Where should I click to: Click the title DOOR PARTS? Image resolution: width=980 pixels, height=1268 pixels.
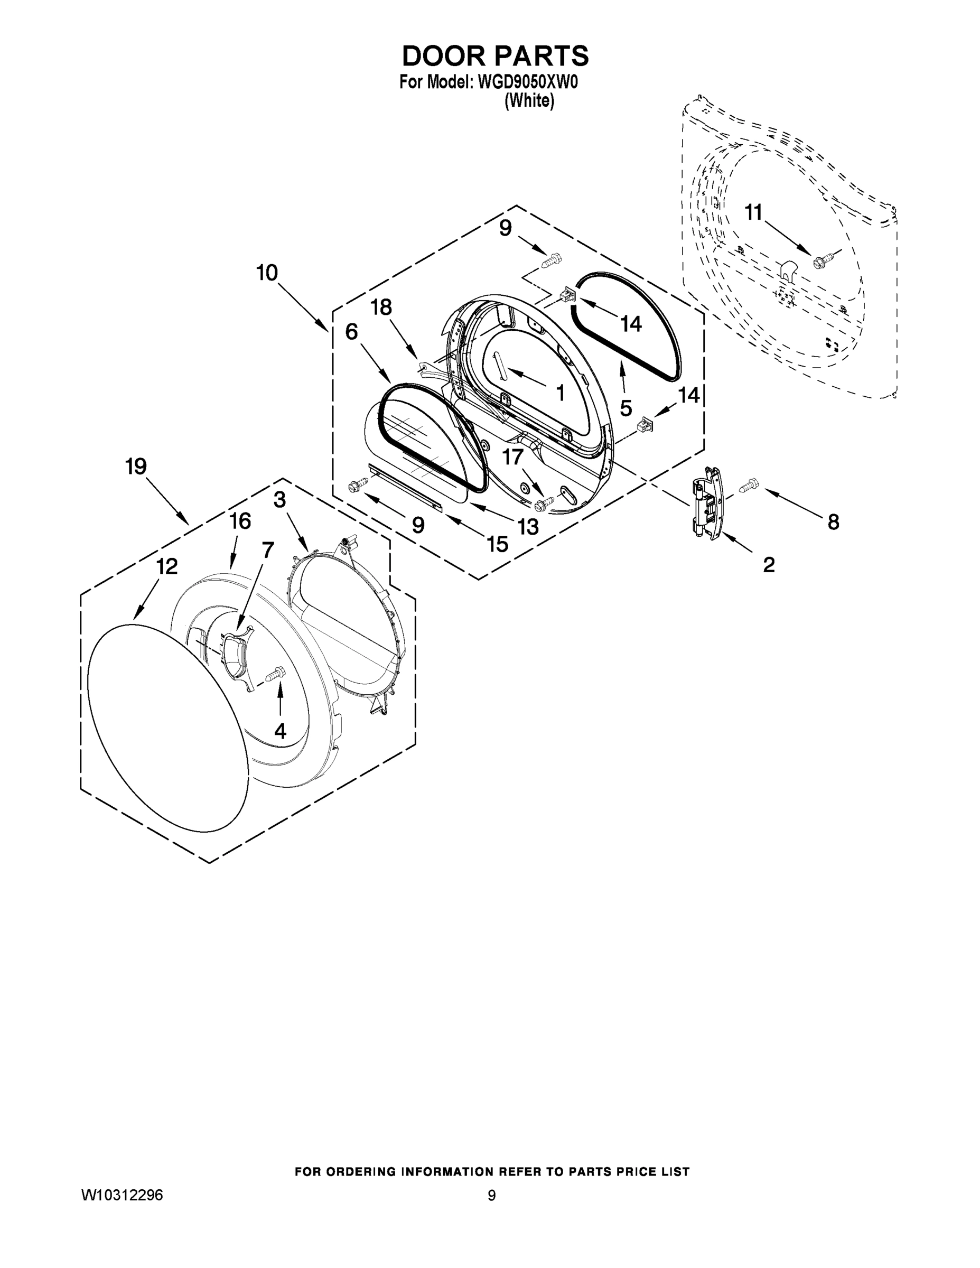click(x=495, y=57)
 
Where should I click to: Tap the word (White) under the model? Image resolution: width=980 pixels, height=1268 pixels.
click(x=529, y=101)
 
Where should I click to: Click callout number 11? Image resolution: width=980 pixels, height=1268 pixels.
click(x=753, y=213)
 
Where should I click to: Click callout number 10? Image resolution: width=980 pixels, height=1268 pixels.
click(x=267, y=272)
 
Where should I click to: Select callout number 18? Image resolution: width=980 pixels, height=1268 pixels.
click(x=381, y=307)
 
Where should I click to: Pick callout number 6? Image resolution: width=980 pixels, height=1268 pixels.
click(x=351, y=332)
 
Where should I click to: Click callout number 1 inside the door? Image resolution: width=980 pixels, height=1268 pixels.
click(x=560, y=393)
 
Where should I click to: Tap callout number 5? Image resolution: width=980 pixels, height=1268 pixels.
click(x=626, y=408)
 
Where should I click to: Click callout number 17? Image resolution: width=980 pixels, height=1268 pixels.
click(x=512, y=458)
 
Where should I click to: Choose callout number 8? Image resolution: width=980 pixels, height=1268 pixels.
click(x=833, y=523)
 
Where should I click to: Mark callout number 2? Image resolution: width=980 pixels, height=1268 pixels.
click(x=769, y=564)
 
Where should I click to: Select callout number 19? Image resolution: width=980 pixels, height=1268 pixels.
click(x=136, y=466)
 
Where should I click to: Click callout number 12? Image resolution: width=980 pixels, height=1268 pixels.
click(x=166, y=567)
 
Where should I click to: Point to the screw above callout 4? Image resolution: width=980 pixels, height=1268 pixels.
click(x=275, y=675)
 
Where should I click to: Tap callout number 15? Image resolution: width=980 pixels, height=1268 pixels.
click(x=498, y=544)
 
